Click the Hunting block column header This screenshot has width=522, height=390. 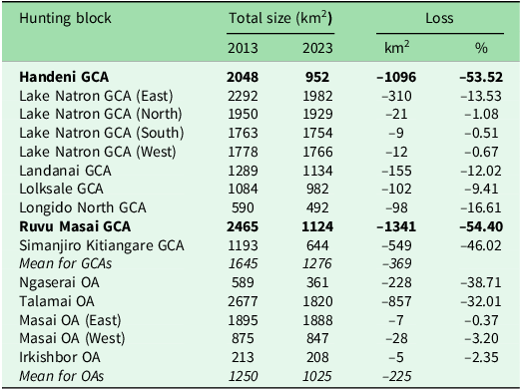(x=65, y=18)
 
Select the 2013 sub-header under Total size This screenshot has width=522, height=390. (x=243, y=48)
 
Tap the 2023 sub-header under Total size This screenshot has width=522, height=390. (x=317, y=48)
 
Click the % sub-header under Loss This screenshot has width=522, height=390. (x=481, y=48)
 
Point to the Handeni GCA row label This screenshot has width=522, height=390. (x=64, y=77)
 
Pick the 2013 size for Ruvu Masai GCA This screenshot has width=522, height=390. (x=243, y=226)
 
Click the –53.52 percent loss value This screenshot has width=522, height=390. (x=481, y=77)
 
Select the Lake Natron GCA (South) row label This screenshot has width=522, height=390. (x=102, y=133)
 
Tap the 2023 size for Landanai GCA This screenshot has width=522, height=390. (x=317, y=171)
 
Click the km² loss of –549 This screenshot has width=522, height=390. (x=397, y=245)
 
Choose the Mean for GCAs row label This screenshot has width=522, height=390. (x=66, y=263)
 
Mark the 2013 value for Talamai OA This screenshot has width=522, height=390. (x=243, y=301)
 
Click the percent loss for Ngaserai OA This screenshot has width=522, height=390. (x=481, y=282)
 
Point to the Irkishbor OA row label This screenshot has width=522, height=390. (x=60, y=357)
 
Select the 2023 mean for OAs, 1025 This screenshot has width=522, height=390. (x=317, y=376)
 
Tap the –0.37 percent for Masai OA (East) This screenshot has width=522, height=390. (x=481, y=320)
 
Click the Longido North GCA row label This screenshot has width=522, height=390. (x=83, y=207)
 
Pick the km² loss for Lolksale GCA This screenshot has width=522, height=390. (x=397, y=189)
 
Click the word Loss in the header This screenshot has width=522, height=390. (x=439, y=18)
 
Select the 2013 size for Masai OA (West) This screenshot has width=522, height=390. (x=243, y=338)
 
